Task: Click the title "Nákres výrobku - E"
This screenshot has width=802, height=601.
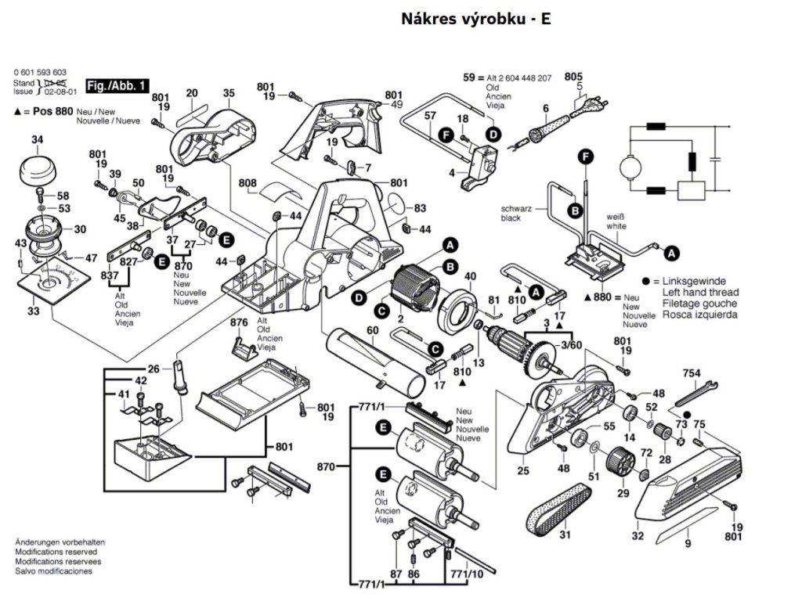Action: pos(475,19)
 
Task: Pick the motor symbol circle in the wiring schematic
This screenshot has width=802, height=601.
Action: pos(629,167)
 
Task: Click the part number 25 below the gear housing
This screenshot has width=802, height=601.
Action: pos(523,470)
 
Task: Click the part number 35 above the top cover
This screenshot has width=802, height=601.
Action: pos(229,93)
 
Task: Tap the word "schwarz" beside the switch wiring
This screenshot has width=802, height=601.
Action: pos(516,209)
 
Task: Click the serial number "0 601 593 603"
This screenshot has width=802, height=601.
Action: pos(40,72)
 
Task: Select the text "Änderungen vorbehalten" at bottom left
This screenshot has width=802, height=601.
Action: pos(60,542)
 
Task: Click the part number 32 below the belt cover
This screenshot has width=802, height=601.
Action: pos(638,536)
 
